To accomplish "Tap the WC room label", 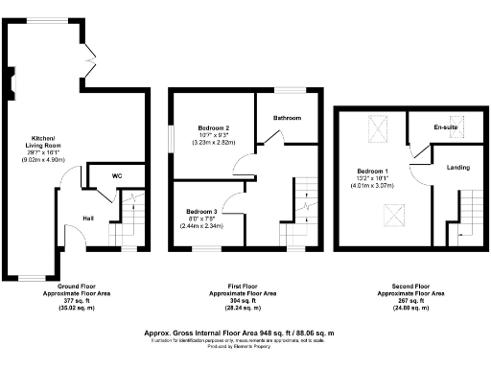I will (116, 176).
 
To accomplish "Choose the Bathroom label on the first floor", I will (287, 118).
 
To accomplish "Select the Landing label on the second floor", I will (458, 168).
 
